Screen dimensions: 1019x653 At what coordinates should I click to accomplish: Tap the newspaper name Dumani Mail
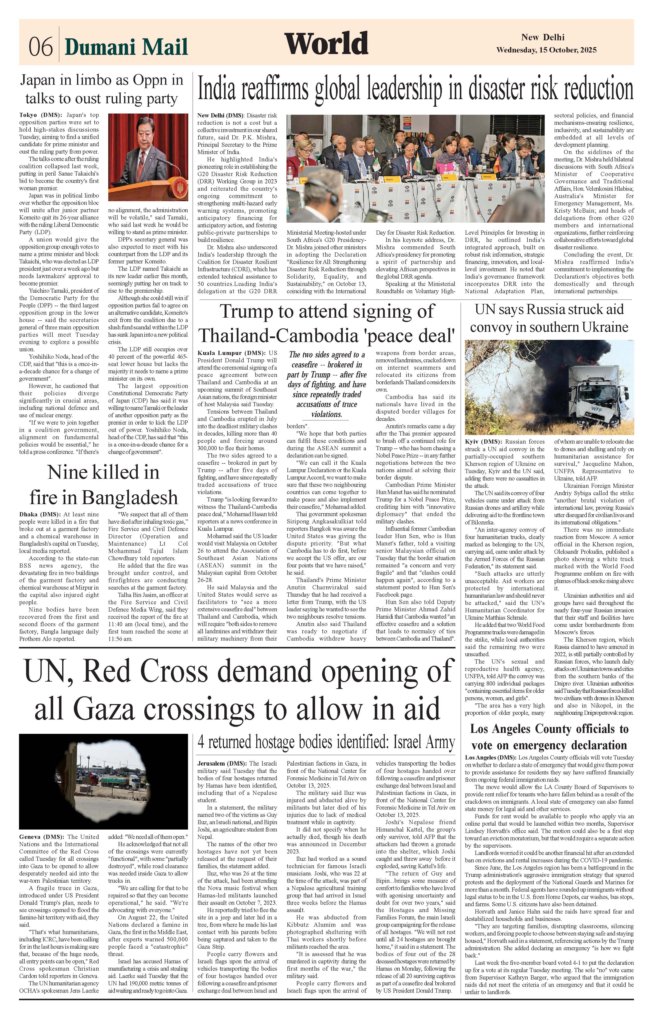126,47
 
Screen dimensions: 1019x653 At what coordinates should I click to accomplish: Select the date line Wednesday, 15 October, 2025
546,50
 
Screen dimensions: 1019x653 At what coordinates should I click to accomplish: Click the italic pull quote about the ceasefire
327,384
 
